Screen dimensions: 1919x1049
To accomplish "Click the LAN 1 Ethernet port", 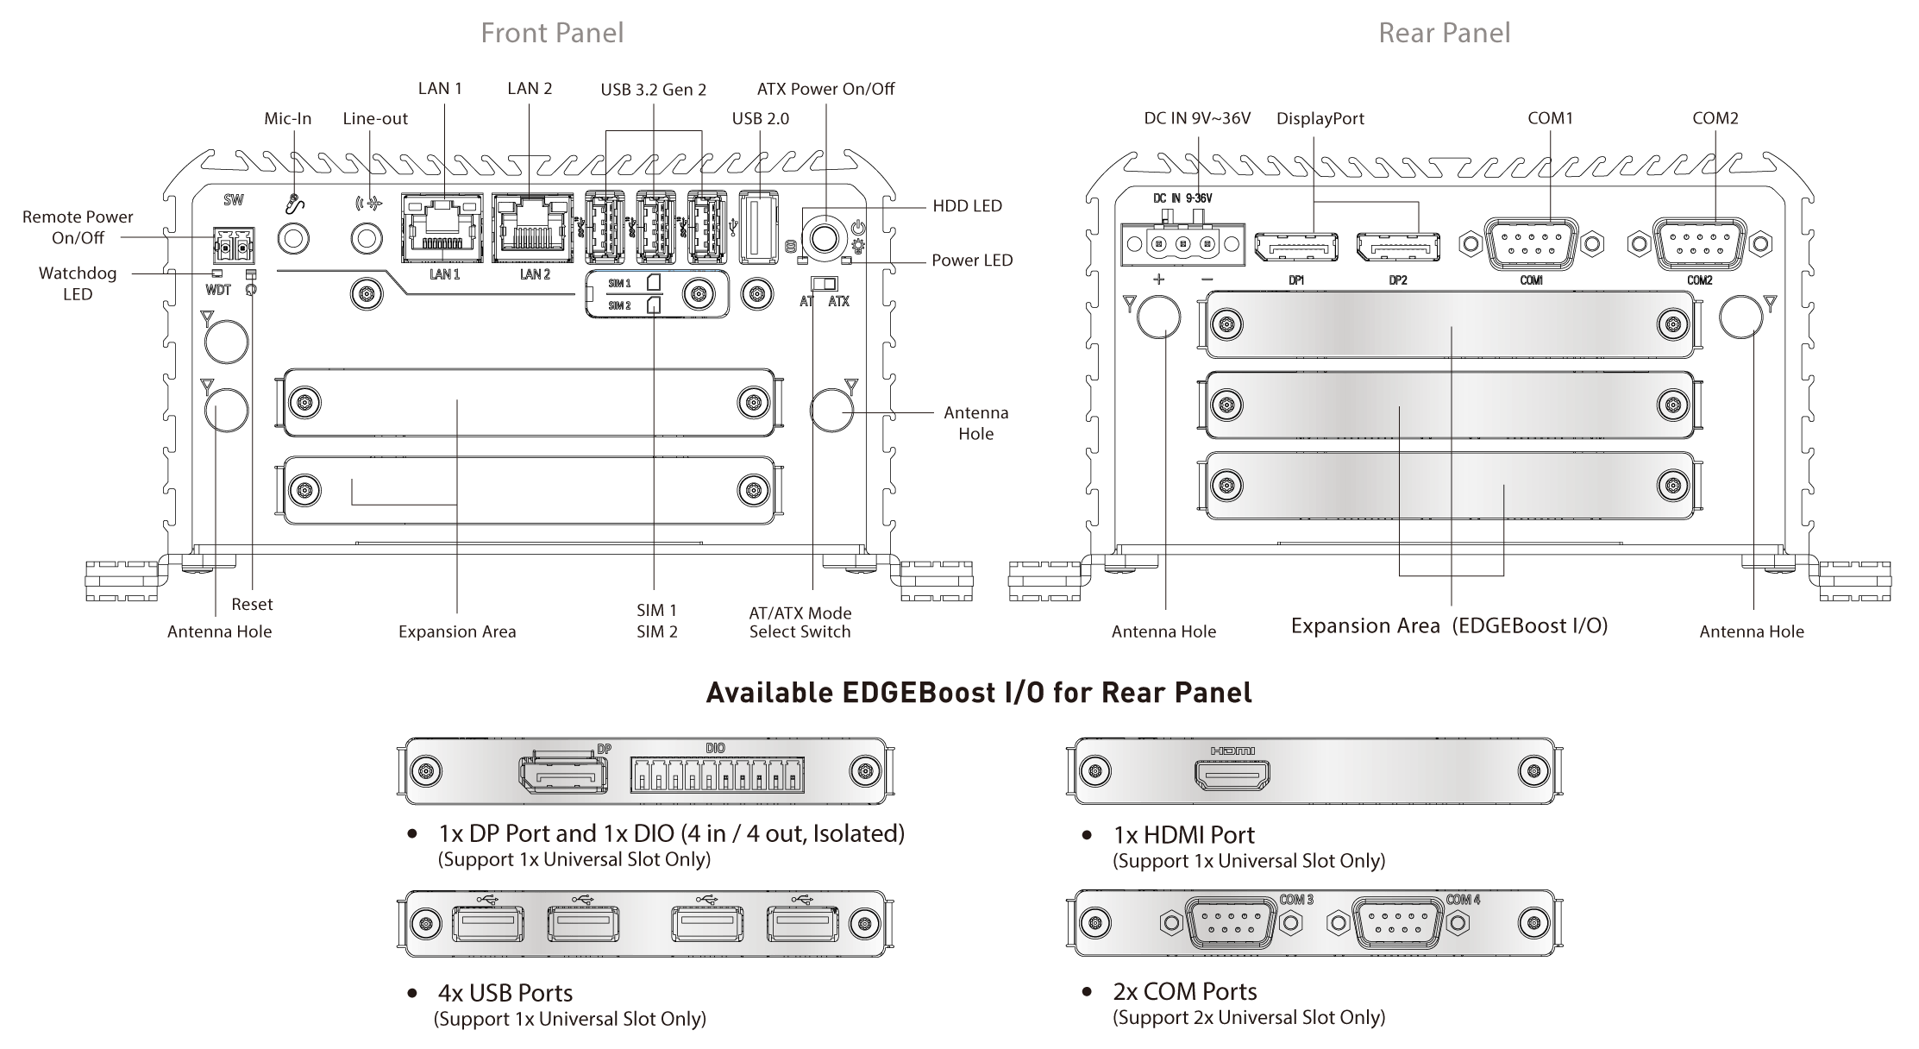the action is tap(443, 229).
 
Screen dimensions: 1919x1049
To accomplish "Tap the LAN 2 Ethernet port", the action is tap(532, 229).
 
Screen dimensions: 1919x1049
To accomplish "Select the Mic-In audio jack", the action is tap(294, 237).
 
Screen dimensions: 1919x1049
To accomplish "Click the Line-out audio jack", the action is tap(367, 237).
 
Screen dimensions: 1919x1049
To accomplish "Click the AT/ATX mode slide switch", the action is tap(825, 284).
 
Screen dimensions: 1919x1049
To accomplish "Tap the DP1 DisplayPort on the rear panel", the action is tap(1296, 248).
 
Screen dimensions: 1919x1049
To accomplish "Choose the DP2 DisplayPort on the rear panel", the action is tap(1398, 248).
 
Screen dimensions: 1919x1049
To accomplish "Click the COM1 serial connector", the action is tap(1531, 243).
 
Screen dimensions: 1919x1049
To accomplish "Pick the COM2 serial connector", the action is tap(1699, 243).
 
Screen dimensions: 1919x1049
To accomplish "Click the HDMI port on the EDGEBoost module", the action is tap(1232, 776).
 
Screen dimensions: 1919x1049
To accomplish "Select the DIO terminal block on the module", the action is tap(717, 774).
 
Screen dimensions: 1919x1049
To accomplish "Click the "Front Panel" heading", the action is tap(552, 33).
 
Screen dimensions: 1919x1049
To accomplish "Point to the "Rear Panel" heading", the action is tap(1445, 33).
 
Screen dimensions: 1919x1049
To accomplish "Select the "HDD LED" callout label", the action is tap(967, 205).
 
